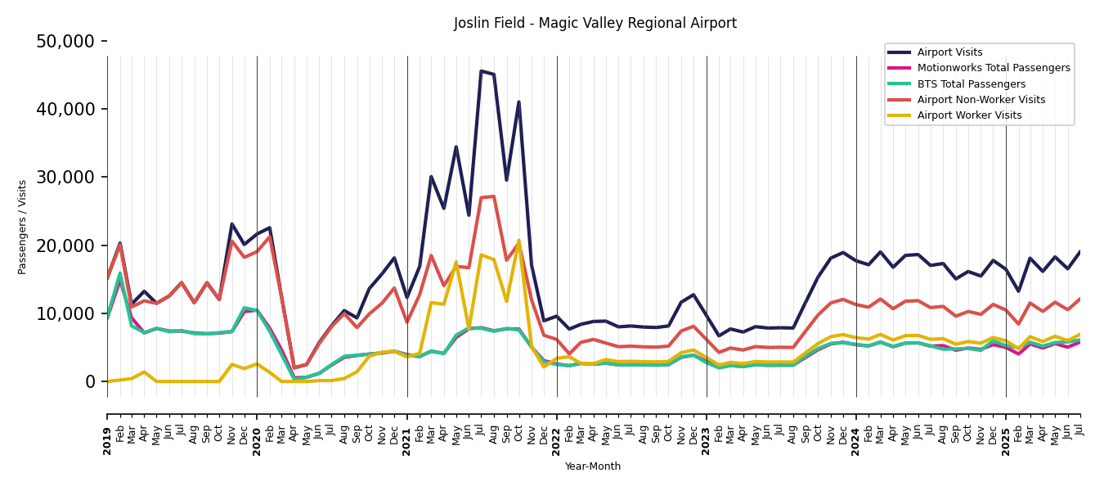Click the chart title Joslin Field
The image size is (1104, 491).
point(595,24)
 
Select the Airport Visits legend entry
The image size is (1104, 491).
point(949,52)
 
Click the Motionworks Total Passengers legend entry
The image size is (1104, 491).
point(993,68)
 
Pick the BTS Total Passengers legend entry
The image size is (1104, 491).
point(971,84)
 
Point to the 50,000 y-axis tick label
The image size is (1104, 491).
point(65,42)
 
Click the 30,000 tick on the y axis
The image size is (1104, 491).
point(65,178)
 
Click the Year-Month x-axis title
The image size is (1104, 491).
point(592,466)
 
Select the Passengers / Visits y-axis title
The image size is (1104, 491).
point(23,227)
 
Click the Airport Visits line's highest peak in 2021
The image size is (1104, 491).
point(481,71)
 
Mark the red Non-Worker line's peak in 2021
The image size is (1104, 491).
point(493,196)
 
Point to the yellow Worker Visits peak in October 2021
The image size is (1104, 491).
point(518,241)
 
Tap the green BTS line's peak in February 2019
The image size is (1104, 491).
point(119,273)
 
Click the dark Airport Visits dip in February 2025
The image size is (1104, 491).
point(1018,291)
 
